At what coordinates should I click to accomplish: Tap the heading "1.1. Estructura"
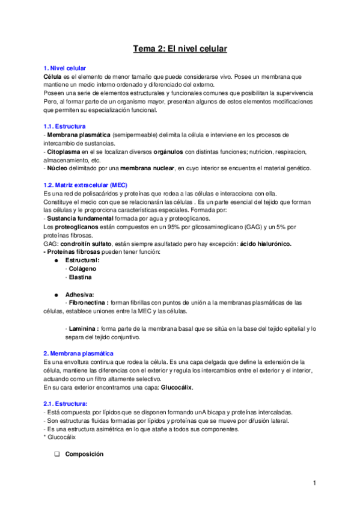pyautogui.click(x=65, y=127)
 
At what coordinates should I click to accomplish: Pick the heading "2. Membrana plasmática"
pyautogui.click(x=79, y=353)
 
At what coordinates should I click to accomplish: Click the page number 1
pyautogui.click(x=314, y=483)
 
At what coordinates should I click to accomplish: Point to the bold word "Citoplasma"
pyautogui.click(x=63, y=153)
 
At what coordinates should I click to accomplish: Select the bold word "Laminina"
pyautogui.click(x=82, y=328)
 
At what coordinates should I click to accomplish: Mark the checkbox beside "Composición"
pyautogui.click(x=56, y=454)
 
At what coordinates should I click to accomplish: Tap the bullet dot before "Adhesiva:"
pyautogui.click(x=55, y=295)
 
